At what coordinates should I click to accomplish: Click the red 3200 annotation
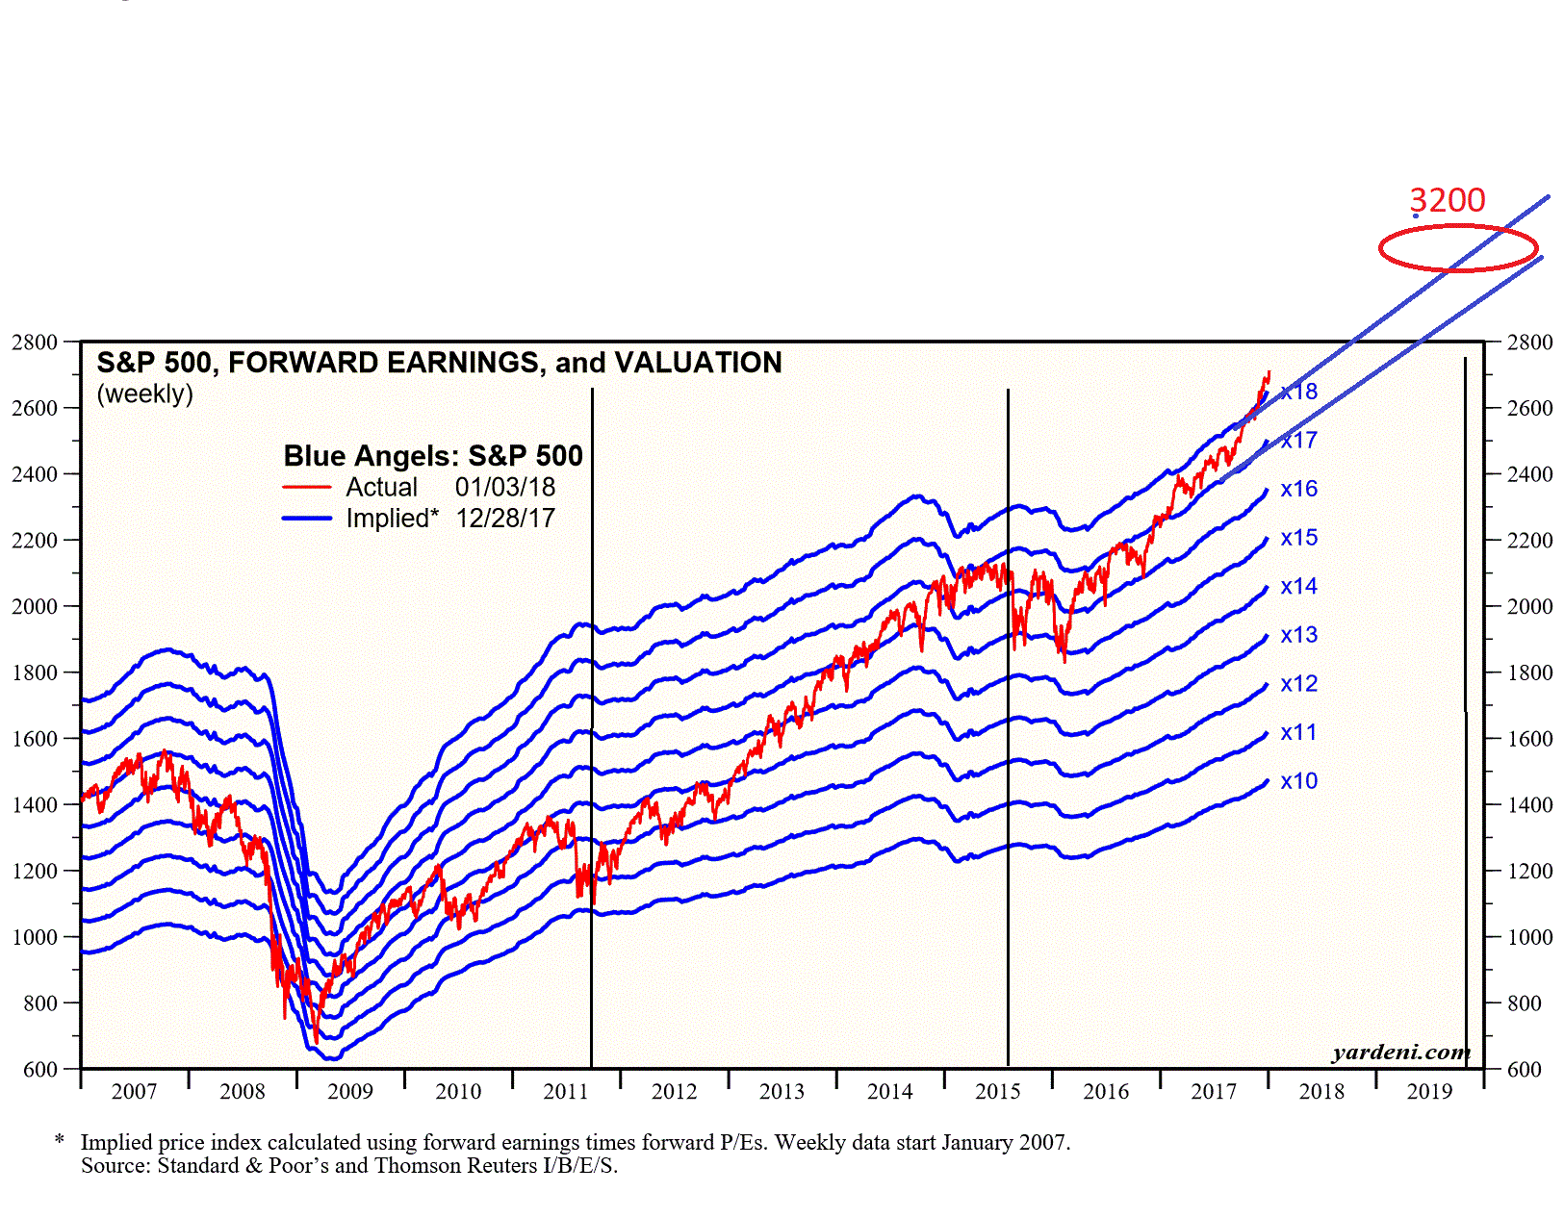click(1447, 200)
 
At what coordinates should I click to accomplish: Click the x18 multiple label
click(1298, 392)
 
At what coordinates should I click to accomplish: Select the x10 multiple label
click(1298, 781)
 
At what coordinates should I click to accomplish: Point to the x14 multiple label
click(1298, 586)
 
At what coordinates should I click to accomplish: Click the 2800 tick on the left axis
click(35, 343)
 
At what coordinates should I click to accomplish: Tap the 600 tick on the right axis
click(1529, 1069)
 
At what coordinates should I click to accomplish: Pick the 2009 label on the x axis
click(349, 1092)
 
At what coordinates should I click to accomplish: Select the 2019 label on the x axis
click(1429, 1092)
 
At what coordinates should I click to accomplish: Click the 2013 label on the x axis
click(782, 1092)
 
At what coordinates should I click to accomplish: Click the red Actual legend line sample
click(307, 488)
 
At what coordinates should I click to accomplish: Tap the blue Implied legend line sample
click(307, 519)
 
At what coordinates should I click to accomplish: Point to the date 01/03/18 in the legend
click(505, 488)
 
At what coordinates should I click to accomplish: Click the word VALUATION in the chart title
click(698, 363)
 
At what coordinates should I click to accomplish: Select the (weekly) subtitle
click(144, 394)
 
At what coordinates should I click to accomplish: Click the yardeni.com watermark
click(1400, 1053)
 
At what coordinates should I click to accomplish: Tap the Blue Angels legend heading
click(433, 456)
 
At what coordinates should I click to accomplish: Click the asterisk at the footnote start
click(60, 1141)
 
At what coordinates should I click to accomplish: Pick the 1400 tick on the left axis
click(35, 804)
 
